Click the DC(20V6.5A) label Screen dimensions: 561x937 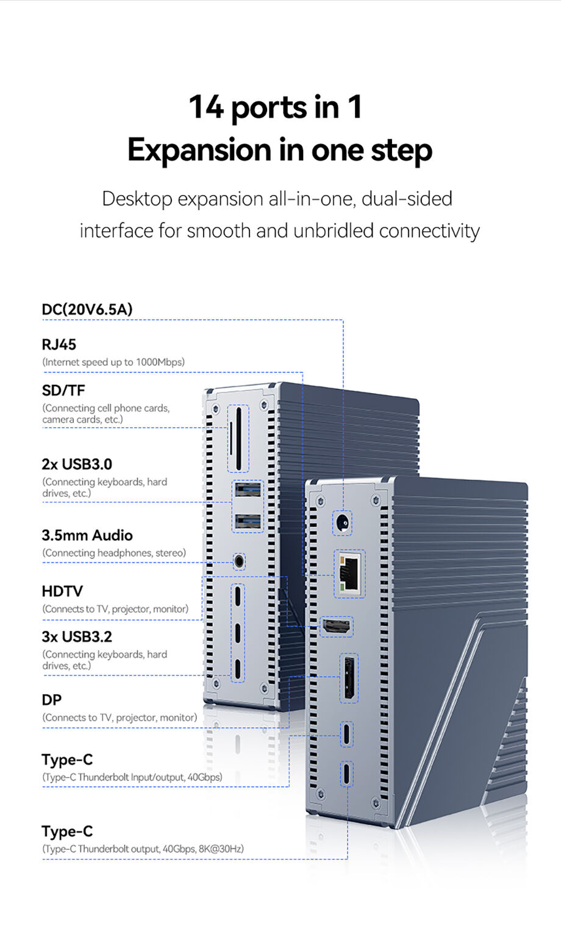[87, 310]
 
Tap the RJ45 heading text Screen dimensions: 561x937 [59, 344]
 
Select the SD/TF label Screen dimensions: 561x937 [63, 390]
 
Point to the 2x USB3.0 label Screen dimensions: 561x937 [77, 465]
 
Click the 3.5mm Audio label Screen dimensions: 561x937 [87, 535]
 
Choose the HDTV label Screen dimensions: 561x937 [62, 591]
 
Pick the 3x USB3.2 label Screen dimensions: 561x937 [77, 636]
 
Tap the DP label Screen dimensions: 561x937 [51, 700]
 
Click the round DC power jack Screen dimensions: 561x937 [343, 523]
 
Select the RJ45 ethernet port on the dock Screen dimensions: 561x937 [350, 574]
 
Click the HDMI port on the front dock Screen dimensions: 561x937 [337, 627]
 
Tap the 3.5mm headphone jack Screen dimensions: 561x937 [239, 560]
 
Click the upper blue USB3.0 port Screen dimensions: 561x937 [248, 490]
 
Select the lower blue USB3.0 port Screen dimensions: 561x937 [248, 522]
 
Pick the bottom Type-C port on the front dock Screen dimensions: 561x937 [347, 774]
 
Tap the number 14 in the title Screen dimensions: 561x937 [206, 107]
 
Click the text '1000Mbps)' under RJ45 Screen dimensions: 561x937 [160, 362]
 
